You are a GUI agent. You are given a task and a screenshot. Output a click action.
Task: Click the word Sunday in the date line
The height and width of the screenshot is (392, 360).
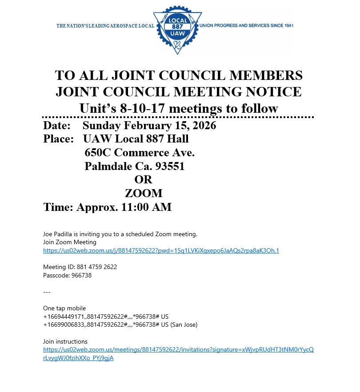(102, 126)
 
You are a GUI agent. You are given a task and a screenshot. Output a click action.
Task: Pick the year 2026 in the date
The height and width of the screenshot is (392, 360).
(201, 126)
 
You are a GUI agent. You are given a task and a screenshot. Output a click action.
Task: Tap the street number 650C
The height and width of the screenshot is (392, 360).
(98, 153)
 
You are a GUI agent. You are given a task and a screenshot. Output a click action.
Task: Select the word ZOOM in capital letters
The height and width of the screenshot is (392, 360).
(144, 194)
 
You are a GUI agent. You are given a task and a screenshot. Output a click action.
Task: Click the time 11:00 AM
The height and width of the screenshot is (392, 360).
(147, 207)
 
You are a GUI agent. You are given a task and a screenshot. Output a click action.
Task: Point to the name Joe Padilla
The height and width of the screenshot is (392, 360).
(60, 234)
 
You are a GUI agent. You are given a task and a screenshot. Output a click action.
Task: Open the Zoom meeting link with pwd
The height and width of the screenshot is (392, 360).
(161, 251)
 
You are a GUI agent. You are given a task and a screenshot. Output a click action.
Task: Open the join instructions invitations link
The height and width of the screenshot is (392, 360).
(178, 350)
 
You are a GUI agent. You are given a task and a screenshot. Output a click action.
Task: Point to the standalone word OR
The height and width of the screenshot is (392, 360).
(143, 180)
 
